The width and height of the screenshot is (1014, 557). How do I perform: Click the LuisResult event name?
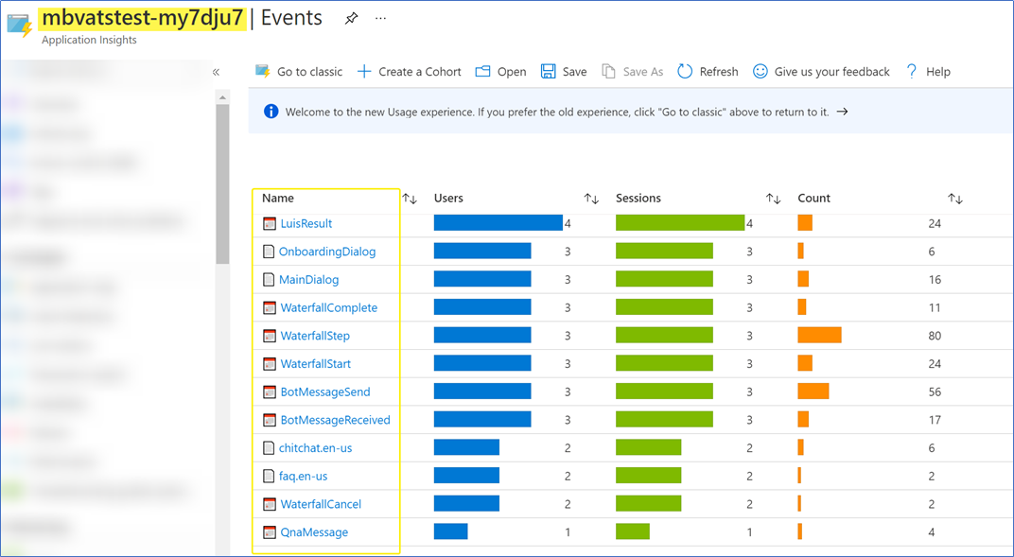pos(306,224)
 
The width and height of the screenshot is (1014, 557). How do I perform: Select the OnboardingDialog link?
pos(326,252)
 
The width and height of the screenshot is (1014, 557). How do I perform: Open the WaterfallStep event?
pos(315,336)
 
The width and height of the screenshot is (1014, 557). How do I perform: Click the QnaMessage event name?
pos(314,532)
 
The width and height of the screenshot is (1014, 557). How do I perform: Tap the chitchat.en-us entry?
pos(315,448)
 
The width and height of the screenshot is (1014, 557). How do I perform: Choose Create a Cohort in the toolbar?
pos(409,72)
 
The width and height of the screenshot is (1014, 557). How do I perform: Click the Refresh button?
pos(708,72)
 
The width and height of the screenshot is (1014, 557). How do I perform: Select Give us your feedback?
pos(821,72)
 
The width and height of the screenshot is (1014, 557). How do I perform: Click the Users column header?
pos(448,199)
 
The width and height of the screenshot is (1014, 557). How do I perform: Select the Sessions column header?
pos(638,199)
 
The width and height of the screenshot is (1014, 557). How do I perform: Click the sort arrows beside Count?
pos(955,199)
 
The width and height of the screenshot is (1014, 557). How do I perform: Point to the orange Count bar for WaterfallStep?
pos(819,336)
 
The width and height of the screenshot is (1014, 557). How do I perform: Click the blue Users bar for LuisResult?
pos(498,223)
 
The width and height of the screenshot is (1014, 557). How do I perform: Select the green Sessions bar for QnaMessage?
pos(632,531)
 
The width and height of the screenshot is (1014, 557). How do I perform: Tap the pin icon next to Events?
pos(351,18)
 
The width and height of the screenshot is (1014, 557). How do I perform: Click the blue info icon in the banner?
pos(271,112)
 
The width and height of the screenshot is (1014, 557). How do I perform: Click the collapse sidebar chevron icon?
pos(216,72)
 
